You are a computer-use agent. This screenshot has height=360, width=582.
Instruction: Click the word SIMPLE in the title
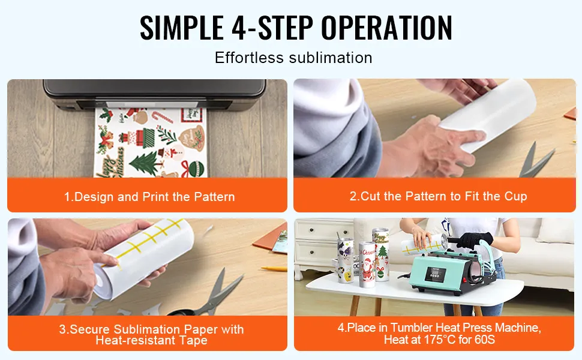point(182,27)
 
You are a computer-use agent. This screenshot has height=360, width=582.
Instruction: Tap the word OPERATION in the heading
point(387,27)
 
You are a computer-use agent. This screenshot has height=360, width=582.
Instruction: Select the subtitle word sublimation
point(331,58)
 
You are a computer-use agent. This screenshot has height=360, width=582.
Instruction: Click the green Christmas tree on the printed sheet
point(143,163)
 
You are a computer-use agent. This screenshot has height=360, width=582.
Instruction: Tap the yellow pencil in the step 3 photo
point(274,268)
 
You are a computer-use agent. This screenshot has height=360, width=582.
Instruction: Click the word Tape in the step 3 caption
point(193,340)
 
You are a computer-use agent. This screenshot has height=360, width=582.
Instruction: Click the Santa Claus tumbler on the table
point(367,264)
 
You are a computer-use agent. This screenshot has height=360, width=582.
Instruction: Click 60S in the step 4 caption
point(485,340)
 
